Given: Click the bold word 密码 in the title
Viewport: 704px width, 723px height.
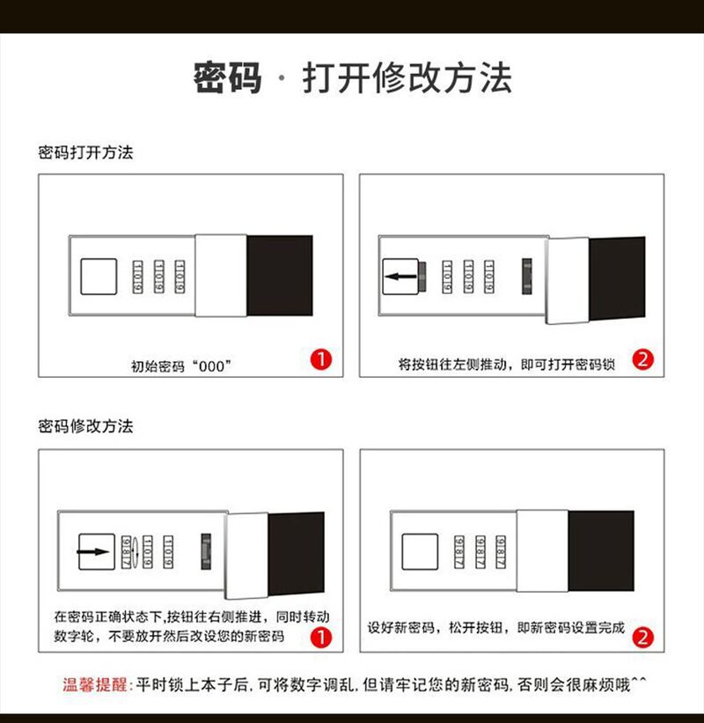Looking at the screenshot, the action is pos(228,77).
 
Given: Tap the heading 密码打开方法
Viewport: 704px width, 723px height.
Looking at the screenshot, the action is pos(85,152).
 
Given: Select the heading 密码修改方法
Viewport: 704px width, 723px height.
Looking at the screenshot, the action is pos(85,426).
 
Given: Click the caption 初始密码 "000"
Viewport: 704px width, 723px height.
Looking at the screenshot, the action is pos(181,366).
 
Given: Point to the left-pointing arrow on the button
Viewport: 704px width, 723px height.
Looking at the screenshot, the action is pos(400,277).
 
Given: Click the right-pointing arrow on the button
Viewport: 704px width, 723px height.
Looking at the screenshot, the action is pos(93,551).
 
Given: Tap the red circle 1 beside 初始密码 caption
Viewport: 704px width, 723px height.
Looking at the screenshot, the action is pos(321,359).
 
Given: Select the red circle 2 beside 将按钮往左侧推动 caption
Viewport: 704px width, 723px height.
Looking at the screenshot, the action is pos(642,359).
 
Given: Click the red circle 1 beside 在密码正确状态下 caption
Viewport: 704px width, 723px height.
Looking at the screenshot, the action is pos(321,638).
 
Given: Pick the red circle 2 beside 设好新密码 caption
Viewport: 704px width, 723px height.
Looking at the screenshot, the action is pos(642,638).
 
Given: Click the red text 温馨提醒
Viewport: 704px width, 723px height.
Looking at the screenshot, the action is pos(94,684).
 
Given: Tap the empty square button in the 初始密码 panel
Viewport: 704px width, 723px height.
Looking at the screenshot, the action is pos(99,277).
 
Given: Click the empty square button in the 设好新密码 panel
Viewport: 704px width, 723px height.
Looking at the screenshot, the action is pos(420,552).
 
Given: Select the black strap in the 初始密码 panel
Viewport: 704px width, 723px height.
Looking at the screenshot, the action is pos(280,276).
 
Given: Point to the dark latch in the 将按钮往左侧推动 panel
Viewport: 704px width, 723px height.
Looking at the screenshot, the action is pos(526,277).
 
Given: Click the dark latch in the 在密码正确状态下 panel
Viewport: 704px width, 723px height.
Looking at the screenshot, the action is pos(206,551).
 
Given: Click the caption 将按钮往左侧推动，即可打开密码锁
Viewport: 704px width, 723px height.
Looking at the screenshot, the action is pos(506,365).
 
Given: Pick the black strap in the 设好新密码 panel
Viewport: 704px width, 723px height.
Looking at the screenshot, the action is pos(601,551).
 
